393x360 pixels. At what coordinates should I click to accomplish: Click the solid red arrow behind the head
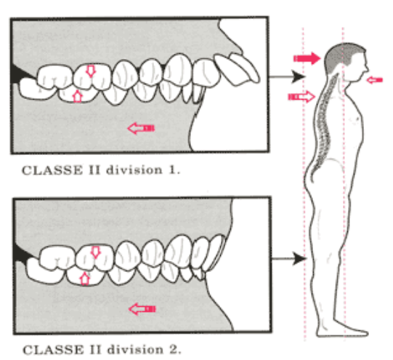coord(307,58)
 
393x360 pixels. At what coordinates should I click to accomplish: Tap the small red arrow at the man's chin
coord(374,80)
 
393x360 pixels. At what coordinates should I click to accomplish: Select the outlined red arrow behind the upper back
coord(301,97)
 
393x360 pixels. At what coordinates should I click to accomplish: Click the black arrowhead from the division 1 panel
coord(299,76)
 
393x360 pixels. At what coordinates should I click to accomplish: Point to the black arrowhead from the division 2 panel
coord(300,258)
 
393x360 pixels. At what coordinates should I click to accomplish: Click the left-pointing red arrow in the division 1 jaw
coord(141,128)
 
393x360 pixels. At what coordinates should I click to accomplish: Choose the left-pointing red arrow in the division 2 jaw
coord(142,309)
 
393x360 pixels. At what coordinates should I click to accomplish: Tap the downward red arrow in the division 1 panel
coord(91,71)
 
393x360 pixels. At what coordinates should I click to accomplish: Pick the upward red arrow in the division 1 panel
coord(78,97)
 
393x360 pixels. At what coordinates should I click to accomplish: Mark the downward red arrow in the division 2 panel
coord(95,252)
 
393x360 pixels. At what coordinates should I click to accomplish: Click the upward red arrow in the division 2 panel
coord(85,279)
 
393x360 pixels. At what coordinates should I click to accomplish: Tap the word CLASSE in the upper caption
coord(52,170)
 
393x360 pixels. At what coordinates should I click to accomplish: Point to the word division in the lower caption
coord(135,350)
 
